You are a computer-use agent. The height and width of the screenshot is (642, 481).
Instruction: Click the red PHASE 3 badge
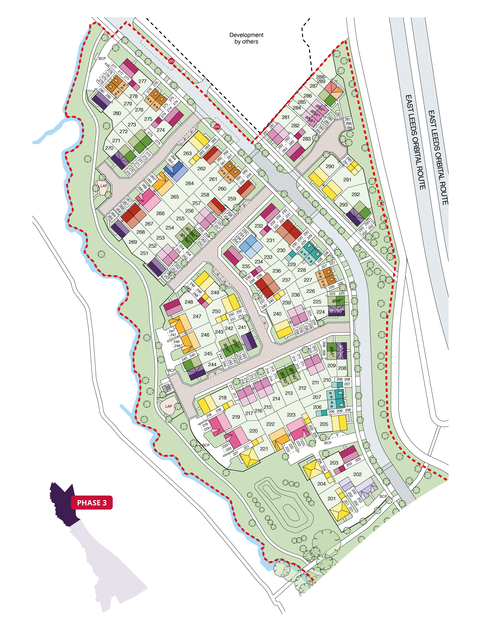tap(92, 503)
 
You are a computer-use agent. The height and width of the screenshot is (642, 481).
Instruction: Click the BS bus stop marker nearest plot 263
tap(217, 126)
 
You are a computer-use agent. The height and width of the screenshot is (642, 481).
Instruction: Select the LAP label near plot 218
tap(169, 406)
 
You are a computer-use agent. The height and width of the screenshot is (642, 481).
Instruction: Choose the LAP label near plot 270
tap(104, 186)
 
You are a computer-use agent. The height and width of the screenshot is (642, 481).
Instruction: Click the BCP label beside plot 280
tap(102, 58)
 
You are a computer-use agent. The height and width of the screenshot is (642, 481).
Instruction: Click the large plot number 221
tap(264, 449)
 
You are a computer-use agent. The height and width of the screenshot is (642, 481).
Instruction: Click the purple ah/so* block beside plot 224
tap(336, 311)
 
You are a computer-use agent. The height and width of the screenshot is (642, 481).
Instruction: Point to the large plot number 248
tap(189, 302)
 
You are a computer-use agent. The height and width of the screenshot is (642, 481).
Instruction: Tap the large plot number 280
tap(117, 113)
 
